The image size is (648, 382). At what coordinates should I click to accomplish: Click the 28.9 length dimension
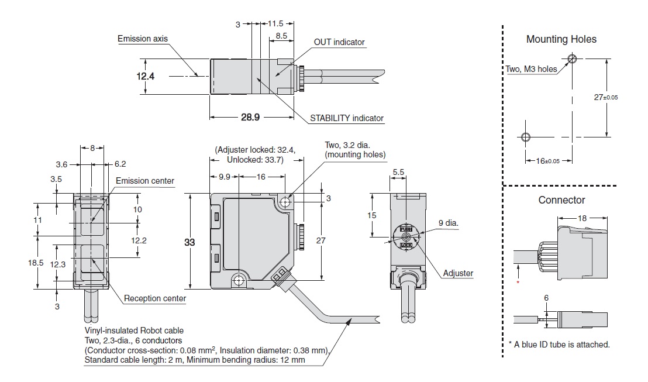pyautogui.click(x=250, y=118)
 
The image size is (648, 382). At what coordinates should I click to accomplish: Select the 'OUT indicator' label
pyautogui.click(x=339, y=42)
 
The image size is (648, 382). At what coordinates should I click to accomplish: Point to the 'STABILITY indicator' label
pyautogui.click(x=346, y=118)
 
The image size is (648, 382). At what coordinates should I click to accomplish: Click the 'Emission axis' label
pyautogui.click(x=143, y=39)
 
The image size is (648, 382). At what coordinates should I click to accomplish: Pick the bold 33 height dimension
pyautogui.click(x=189, y=242)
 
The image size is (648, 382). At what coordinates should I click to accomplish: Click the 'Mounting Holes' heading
pyautogui.click(x=561, y=39)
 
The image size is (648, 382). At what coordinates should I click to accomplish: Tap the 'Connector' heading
pyautogui.click(x=561, y=200)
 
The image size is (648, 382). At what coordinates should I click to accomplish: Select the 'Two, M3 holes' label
pyautogui.click(x=530, y=69)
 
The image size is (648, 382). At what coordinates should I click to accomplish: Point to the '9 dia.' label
pyautogui.click(x=448, y=223)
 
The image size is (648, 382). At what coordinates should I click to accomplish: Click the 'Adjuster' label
pyautogui.click(x=457, y=273)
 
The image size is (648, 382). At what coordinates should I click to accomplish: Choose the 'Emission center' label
pyautogui.click(x=144, y=181)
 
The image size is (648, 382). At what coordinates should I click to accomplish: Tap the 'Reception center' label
pyautogui.click(x=154, y=298)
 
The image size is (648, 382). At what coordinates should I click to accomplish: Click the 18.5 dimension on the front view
pyautogui.click(x=36, y=263)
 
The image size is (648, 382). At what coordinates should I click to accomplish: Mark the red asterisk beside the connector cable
pyautogui.click(x=518, y=283)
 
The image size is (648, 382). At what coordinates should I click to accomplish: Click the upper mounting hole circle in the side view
pyautogui.click(x=285, y=202)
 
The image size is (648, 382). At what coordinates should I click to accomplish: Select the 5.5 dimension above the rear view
pyautogui.click(x=398, y=173)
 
